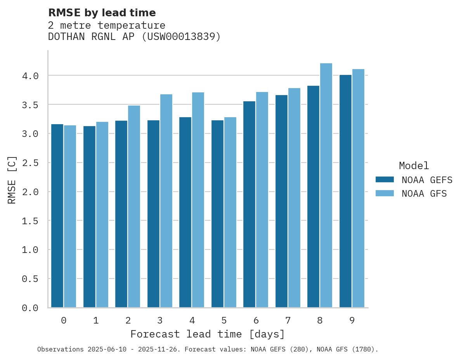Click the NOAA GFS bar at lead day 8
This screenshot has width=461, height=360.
pyautogui.click(x=326, y=185)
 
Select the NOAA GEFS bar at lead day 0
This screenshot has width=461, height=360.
pyautogui.click(x=57, y=216)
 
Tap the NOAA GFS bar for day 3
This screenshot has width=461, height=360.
pyautogui.click(x=166, y=201)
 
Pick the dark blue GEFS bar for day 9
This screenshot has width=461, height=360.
pyautogui.click(x=345, y=191)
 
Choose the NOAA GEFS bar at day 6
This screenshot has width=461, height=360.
pyautogui.click(x=249, y=204)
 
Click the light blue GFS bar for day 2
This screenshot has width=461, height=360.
pyautogui.click(x=134, y=206)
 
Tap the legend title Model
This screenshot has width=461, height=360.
pyautogui.click(x=414, y=166)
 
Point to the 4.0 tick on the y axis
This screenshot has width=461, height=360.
pyautogui.click(x=30, y=76)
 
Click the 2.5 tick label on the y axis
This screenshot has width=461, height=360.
pyautogui.click(x=30, y=163)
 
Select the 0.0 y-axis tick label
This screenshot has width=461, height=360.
pyautogui.click(x=30, y=308)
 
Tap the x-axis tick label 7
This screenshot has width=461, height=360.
pyautogui.click(x=288, y=320)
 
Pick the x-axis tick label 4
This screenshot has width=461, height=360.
pyautogui.click(x=192, y=320)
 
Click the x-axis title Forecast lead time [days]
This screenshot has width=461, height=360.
pyautogui.click(x=208, y=334)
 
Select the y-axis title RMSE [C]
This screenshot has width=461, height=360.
pyautogui.click(x=12, y=180)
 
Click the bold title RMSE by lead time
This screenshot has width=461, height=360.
pyautogui.click(x=102, y=13)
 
